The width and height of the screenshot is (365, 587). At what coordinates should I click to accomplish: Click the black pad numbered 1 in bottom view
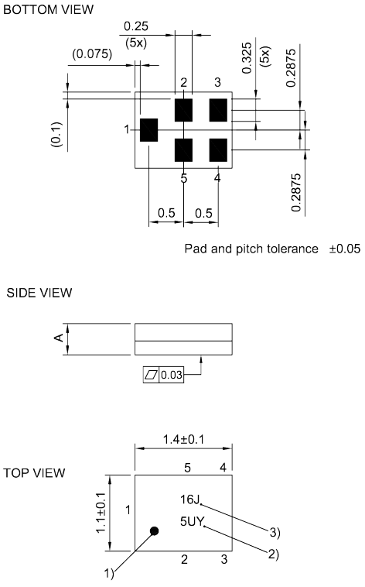pyautogui.click(x=148, y=129)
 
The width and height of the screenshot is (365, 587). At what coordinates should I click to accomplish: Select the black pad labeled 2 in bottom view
pyautogui.click(x=183, y=110)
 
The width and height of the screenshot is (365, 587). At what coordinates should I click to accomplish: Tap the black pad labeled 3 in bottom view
pyautogui.click(x=218, y=110)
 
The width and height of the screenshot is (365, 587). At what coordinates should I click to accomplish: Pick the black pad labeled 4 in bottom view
pyautogui.click(x=218, y=149)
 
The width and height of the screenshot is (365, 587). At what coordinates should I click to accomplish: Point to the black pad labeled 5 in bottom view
pyautogui.click(x=183, y=149)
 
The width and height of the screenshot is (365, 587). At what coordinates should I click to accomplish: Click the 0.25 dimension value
pyautogui.click(x=136, y=26)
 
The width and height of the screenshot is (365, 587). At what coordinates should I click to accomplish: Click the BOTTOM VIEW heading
pyautogui.click(x=49, y=9)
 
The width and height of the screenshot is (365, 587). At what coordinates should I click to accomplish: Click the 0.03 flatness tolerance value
pyautogui.click(x=172, y=375)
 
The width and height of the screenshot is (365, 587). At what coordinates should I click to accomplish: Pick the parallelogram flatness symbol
pyautogui.click(x=152, y=375)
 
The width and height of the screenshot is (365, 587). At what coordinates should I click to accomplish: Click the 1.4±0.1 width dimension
pyautogui.click(x=183, y=439)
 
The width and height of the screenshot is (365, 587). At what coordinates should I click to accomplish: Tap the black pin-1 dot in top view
pyautogui.click(x=155, y=531)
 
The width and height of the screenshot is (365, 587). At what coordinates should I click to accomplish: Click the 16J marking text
pyautogui.click(x=189, y=500)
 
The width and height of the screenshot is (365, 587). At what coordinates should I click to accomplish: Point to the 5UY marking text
pyautogui.click(x=192, y=522)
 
